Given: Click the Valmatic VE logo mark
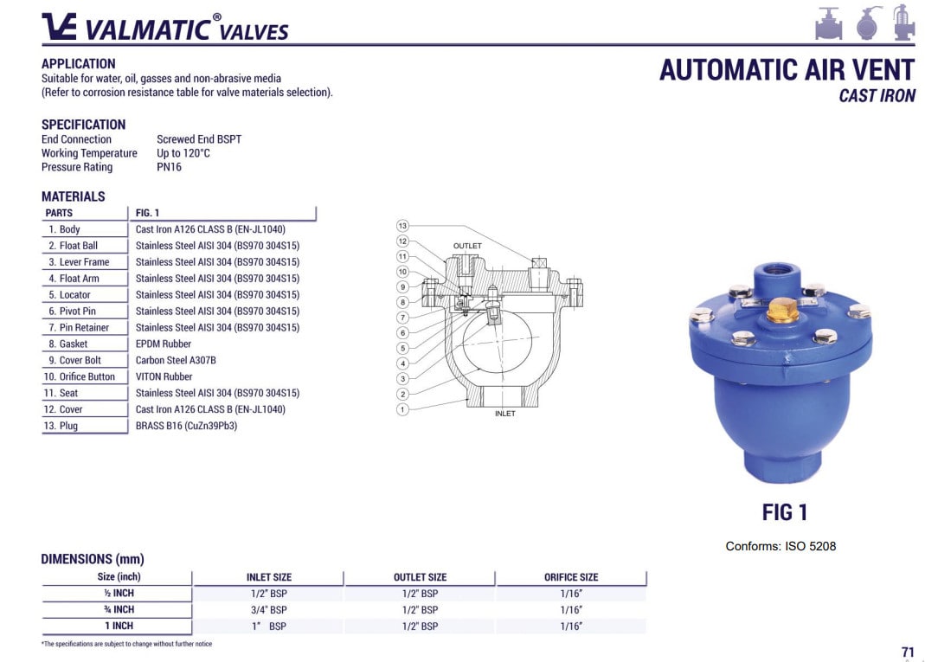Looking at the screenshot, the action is (59, 26).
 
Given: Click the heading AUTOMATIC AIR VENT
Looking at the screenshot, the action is (787, 70).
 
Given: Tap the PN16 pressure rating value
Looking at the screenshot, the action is (170, 167).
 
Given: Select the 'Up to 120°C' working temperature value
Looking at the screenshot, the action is (183, 153).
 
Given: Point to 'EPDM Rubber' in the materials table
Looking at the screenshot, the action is (164, 344).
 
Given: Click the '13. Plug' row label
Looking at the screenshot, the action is (61, 426).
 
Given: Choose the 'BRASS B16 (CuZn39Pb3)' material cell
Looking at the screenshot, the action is (186, 426).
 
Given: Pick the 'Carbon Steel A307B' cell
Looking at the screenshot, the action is (176, 361).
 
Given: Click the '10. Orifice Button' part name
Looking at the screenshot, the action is (79, 377).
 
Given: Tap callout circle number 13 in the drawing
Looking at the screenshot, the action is (402, 226).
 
